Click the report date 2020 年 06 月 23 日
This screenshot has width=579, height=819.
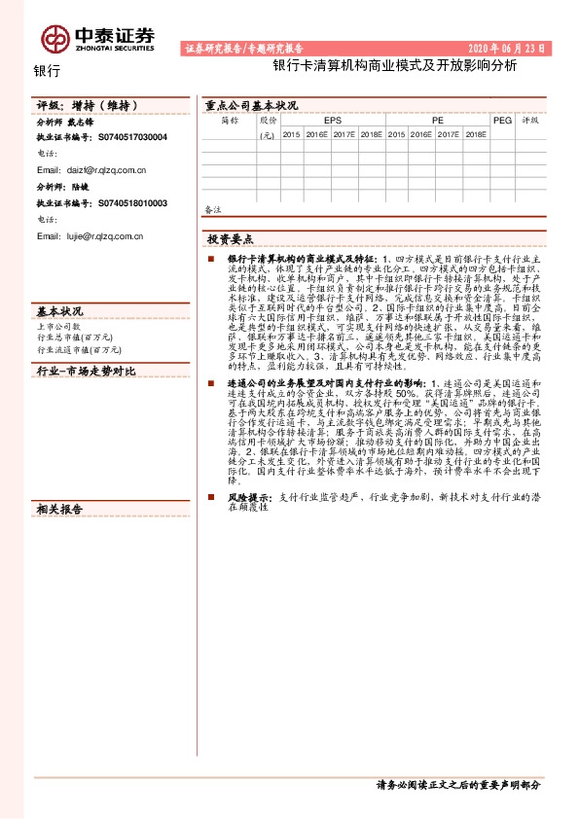(x=508, y=48)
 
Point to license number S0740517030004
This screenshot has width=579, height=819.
(x=132, y=138)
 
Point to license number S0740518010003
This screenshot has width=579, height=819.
(x=132, y=203)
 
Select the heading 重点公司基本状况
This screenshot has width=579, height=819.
(x=251, y=105)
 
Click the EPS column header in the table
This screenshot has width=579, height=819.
(x=333, y=121)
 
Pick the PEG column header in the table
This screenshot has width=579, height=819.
(x=502, y=121)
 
